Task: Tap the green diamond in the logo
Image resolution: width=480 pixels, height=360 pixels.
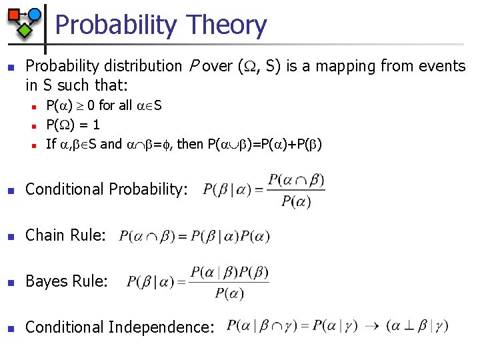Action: click(x=25, y=29)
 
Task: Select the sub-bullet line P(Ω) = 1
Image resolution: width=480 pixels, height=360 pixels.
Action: click(x=73, y=124)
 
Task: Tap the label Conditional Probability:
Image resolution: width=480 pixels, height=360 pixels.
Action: click(x=106, y=189)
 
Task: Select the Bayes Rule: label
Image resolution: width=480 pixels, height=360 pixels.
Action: click(x=66, y=281)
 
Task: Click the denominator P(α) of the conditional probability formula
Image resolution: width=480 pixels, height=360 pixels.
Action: click(x=295, y=201)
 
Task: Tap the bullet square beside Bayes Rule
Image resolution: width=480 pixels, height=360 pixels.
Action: click(x=9, y=281)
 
